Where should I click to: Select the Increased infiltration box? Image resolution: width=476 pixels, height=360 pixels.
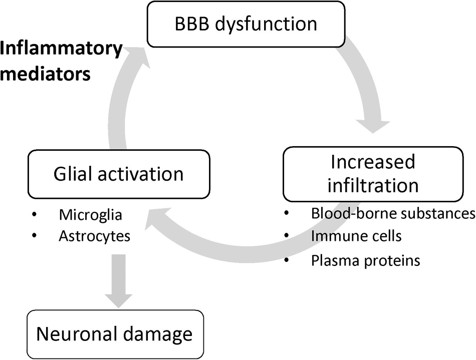point(373,174)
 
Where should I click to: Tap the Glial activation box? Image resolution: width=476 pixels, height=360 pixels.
point(118,174)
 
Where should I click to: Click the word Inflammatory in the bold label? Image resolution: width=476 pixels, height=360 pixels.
point(61,50)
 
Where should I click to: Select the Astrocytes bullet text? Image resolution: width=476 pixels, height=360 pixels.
point(94,235)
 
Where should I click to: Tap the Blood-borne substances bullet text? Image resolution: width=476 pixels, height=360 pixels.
point(393,214)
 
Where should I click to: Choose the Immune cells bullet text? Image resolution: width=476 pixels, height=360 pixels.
point(356,235)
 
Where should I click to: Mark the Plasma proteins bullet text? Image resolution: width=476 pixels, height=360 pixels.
point(365,261)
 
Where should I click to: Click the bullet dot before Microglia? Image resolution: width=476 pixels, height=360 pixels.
point(34,215)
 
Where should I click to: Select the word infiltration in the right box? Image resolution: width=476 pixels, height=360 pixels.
point(373,185)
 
